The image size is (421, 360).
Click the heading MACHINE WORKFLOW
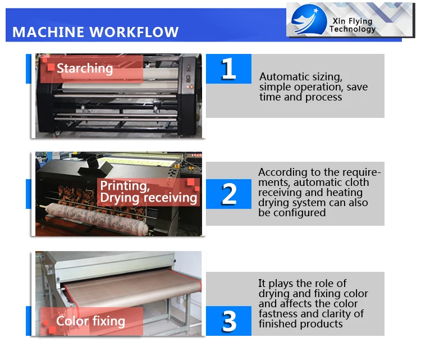click(x=95, y=32)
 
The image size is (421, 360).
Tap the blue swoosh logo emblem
click(x=309, y=20)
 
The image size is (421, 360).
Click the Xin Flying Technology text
click(x=353, y=25)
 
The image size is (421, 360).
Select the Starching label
click(x=85, y=69)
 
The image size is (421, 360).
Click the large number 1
click(x=228, y=69)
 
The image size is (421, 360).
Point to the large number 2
click(x=229, y=194)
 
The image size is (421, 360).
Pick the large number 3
click(x=229, y=321)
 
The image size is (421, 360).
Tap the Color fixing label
click(x=90, y=321)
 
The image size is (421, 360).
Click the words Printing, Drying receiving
click(x=149, y=192)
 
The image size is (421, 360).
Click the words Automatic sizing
click(x=301, y=77)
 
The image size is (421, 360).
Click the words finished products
click(x=301, y=324)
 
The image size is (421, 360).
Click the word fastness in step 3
click(x=278, y=314)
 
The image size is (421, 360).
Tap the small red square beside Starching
click(x=51, y=67)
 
